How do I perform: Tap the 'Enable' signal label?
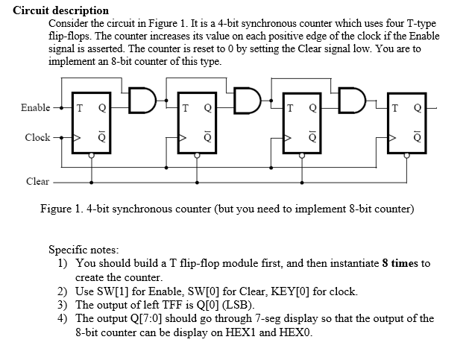coord(35,108)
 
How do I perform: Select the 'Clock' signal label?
coord(37,138)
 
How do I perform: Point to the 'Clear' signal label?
coord(37,181)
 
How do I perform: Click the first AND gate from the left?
coord(142,97)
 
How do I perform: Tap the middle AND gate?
coord(248,97)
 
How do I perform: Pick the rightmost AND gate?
coord(352,97)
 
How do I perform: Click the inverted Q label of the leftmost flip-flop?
coord(102,139)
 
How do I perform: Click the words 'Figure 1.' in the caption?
coord(62,208)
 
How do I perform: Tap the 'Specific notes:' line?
coord(84,250)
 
